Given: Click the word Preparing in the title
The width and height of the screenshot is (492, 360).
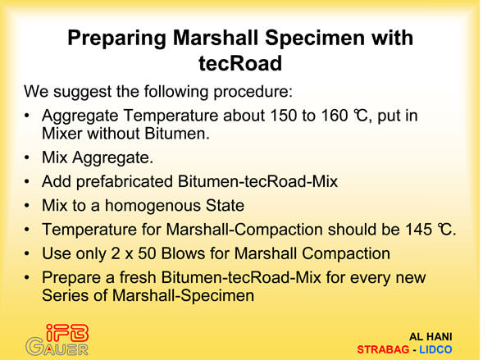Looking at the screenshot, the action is pyautogui.click(x=116, y=39).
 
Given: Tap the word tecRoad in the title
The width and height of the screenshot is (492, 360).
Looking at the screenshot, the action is pyautogui.click(x=240, y=63).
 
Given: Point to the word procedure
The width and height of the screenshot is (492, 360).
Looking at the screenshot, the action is pyautogui.click(x=253, y=93).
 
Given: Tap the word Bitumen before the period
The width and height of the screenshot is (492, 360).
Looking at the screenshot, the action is pyautogui.click(x=177, y=134).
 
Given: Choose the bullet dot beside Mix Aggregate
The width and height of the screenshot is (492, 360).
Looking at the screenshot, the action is pyautogui.click(x=27, y=157).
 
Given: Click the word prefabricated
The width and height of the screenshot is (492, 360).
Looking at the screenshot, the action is pyautogui.click(x=125, y=182).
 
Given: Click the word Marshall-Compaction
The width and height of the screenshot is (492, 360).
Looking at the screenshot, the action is pyautogui.click(x=244, y=230).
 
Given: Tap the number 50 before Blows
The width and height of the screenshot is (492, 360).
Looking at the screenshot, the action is pyautogui.click(x=147, y=253).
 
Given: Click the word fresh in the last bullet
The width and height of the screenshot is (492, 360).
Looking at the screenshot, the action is pyautogui.click(x=138, y=277).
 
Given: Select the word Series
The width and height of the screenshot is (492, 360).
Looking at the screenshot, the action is pyautogui.click(x=66, y=296).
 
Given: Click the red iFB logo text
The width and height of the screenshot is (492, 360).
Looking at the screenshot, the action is pyautogui.click(x=67, y=333).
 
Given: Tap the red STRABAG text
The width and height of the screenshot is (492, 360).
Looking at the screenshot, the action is pyautogui.click(x=383, y=349).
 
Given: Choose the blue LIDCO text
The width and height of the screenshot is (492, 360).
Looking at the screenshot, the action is pyautogui.click(x=435, y=349).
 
